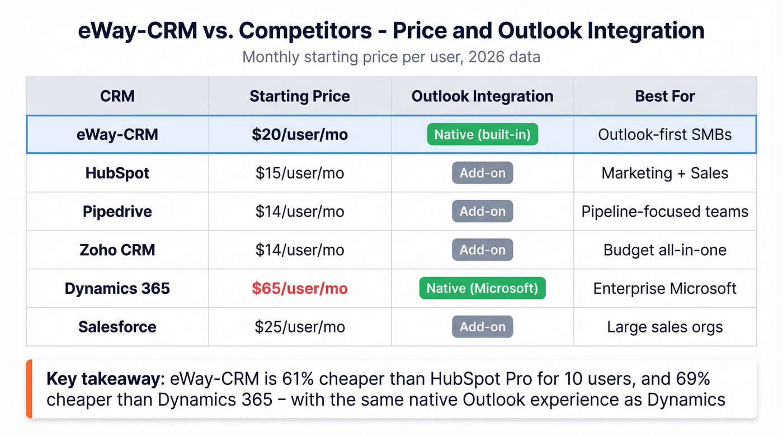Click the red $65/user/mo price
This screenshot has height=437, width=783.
(x=300, y=289)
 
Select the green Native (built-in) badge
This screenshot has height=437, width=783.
(x=482, y=135)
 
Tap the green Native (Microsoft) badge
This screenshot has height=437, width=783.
(x=482, y=289)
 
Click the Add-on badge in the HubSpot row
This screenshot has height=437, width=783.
(x=482, y=173)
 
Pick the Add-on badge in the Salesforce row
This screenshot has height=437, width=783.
(x=482, y=327)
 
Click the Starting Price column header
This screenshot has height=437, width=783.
(x=300, y=96)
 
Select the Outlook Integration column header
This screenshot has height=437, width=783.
(x=482, y=96)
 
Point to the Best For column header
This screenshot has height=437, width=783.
(x=665, y=96)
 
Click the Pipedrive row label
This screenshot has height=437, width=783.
(x=117, y=212)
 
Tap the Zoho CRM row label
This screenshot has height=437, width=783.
(x=117, y=250)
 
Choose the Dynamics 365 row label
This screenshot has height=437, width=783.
(x=117, y=289)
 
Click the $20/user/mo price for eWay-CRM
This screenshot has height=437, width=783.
(x=300, y=135)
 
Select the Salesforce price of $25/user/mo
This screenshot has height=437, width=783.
(x=300, y=327)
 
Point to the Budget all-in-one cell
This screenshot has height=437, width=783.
(x=665, y=250)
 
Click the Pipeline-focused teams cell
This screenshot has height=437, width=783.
(x=665, y=212)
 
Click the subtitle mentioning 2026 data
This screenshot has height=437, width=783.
(x=391, y=57)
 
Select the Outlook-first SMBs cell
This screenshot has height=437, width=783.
(x=665, y=135)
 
